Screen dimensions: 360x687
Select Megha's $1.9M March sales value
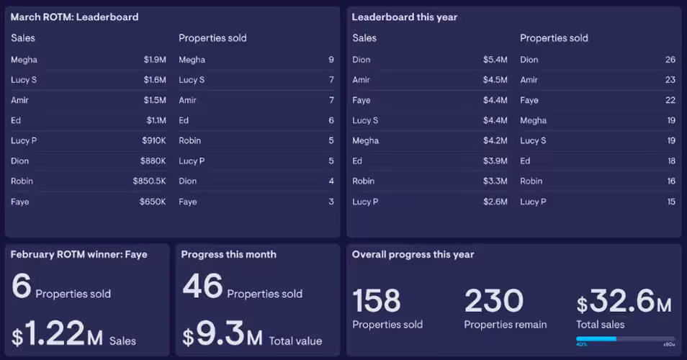tap(155, 60)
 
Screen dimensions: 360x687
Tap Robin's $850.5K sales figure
tap(149, 181)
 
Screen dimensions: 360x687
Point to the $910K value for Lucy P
tap(153, 141)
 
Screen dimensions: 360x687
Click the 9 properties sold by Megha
tap(331, 60)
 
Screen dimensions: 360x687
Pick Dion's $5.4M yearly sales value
tap(495, 60)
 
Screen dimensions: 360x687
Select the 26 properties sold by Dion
tap(670, 60)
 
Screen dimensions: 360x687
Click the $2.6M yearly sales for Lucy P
tap(495, 202)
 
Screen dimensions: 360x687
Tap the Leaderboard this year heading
tap(404, 17)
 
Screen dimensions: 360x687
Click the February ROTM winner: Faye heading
tap(78, 254)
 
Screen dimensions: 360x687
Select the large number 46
tap(202, 286)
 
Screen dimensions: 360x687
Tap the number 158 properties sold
tap(377, 301)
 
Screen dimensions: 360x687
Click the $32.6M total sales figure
tap(624, 301)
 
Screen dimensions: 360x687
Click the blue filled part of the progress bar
tap(596, 338)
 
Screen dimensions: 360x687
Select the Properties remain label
tap(505, 325)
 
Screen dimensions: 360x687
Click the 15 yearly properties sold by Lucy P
tap(670, 202)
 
